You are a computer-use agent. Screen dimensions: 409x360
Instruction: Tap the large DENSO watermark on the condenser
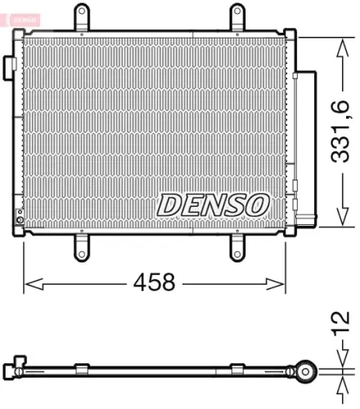click(x=212, y=204)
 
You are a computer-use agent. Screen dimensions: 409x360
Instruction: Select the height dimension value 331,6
click(x=340, y=131)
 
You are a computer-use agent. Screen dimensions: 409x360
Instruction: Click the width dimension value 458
click(x=154, y=283)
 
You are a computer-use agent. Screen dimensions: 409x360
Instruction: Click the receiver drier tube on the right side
click(x=304, y=147)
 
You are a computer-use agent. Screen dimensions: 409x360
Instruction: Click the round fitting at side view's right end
click(x=306, y=372)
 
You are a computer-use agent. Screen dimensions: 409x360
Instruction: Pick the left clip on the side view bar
click(x=82, y=367)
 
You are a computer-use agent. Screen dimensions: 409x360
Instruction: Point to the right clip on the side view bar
click(x=237, y=367)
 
